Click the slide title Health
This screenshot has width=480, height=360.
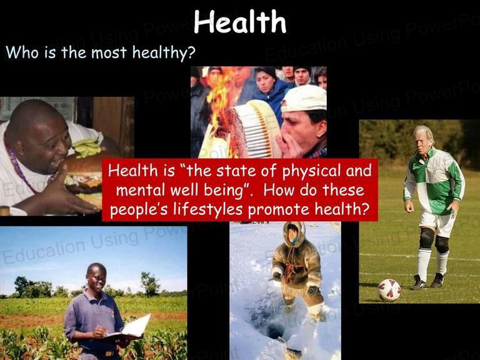coord(240,21)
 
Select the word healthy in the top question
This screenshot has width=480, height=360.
coord(164,52)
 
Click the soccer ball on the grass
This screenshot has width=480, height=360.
coord(389,290)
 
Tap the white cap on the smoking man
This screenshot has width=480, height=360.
coord(304,98)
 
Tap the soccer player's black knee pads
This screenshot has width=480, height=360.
coord(434,240)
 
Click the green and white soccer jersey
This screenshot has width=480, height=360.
coord(435,181)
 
